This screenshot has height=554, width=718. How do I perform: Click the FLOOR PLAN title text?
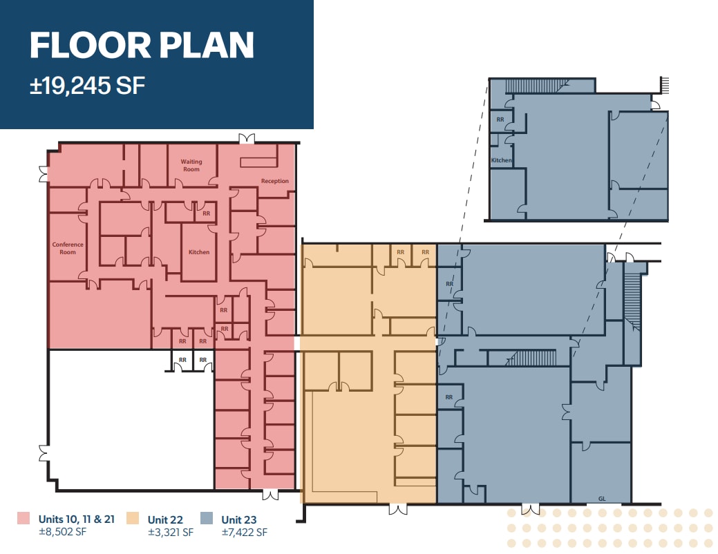(142, 46)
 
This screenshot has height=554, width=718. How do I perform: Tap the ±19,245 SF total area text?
(87, 86)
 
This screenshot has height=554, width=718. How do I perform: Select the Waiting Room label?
(191, 166)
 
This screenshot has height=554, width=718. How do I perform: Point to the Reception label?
(274, 182)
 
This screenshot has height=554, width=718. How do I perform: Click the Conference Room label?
(68, 248)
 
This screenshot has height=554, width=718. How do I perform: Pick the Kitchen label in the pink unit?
(199, 252)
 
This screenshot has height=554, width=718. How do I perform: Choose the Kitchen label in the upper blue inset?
(502, 160)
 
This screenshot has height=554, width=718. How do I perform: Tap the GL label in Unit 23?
(601, 498)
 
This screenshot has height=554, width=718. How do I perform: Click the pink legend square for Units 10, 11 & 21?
(24, 518)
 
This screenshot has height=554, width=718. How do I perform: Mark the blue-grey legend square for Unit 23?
(206, 518)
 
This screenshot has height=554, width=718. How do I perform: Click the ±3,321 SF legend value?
(171, 533)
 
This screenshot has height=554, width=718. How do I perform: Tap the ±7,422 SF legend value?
(244, 533)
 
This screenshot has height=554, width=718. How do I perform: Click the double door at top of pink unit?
(246, 139)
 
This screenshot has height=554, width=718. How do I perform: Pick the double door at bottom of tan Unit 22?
(397, 509)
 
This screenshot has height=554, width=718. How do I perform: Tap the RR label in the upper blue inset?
(500, 119)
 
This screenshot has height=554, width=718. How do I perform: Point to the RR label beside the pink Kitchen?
(206, 213)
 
